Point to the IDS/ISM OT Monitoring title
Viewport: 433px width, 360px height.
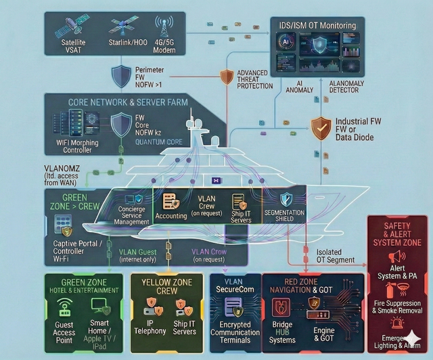317,26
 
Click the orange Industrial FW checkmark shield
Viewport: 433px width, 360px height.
319,126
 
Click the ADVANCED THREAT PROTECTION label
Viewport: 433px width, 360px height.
254,79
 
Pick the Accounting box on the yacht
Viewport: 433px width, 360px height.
170,207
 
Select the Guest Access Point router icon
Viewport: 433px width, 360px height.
64,306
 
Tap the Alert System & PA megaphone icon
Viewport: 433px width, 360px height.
397,256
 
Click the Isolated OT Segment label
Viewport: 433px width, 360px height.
335,256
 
